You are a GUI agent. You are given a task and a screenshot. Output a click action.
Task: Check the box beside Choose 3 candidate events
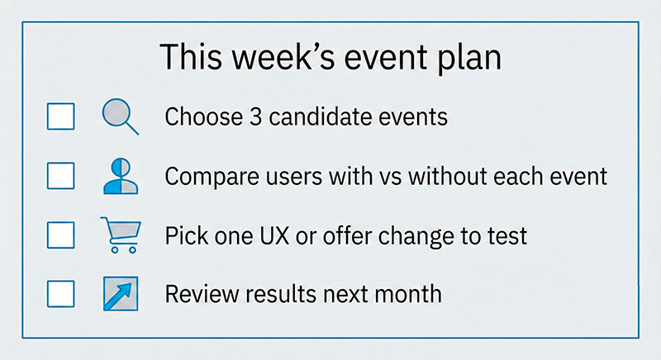pos(60,116)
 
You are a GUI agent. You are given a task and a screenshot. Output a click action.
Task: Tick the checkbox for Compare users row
pos(60,175)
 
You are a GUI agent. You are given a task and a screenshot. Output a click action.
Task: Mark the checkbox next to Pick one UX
pos(60,234)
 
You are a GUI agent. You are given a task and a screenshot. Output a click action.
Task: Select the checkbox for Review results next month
pos(60,293)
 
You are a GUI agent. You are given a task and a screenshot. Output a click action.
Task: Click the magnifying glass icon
pos(118,116)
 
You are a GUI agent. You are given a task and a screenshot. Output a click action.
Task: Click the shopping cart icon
pos(119,234)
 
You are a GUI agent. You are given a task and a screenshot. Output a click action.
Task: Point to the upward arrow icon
pos(119,293)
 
